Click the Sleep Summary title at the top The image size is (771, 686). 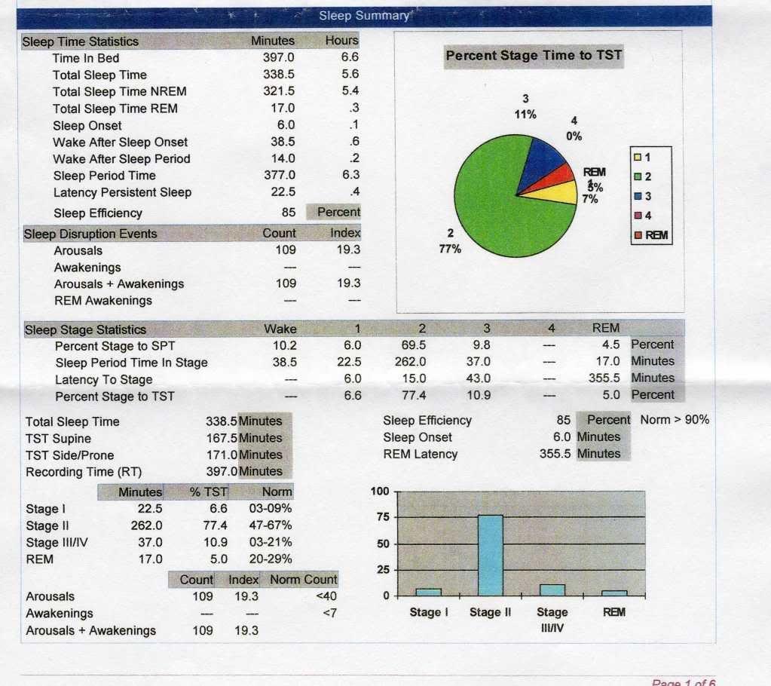pos(363,16)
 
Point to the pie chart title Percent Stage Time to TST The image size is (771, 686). pos(534,56)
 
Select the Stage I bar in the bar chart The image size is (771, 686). pos(428,592)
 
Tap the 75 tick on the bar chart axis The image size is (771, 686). pos(383,518)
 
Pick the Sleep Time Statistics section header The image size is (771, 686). pos(81,41)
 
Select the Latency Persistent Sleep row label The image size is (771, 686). pos(122,192)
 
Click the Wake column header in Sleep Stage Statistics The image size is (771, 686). pos(280,329)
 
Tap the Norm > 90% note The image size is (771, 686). pos(675,420)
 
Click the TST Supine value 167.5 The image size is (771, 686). pos(222,438)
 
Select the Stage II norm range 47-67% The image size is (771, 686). pos(270,525)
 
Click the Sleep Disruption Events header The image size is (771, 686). pos(90,234)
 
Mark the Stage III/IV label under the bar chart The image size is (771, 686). pos(552,619)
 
